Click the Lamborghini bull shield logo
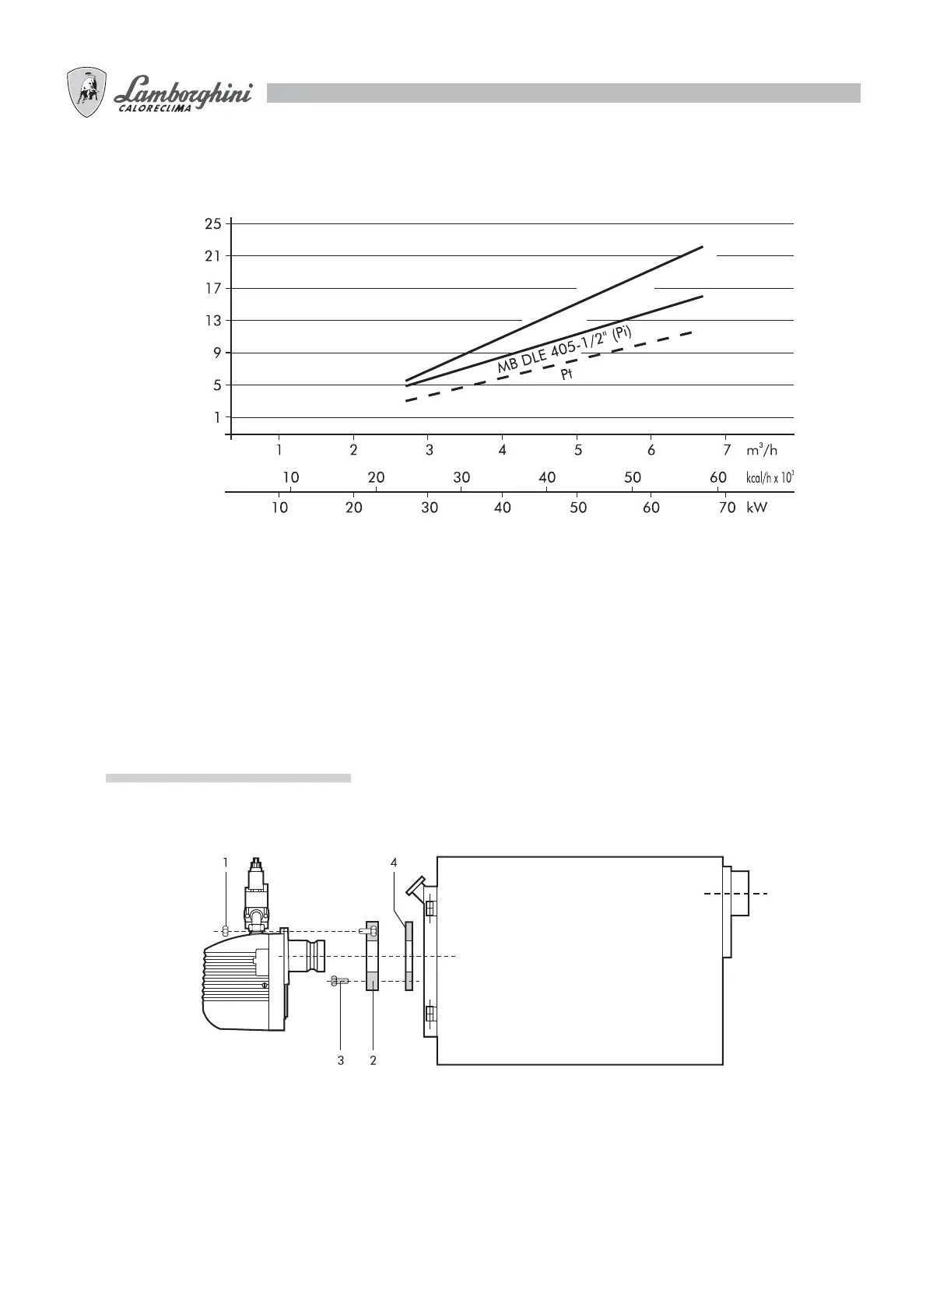[87, 92]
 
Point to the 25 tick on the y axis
[213, 223]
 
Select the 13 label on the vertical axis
[213, 321]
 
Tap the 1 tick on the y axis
[218, 417]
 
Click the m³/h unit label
[761, 449]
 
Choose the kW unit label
[756, 508]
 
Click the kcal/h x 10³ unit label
[770, 477]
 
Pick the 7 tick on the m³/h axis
[727, 450]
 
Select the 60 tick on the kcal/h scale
[717, 477]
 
